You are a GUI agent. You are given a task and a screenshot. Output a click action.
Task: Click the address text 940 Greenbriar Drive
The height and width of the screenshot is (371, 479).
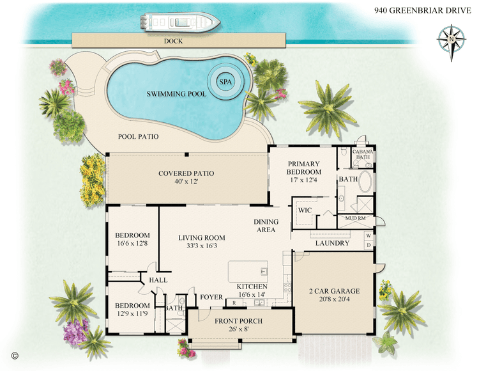point(423,10)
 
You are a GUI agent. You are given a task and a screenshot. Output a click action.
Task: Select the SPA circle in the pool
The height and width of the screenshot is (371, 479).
point(225,82)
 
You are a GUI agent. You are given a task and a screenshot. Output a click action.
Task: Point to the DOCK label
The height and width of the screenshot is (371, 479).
point(173,40)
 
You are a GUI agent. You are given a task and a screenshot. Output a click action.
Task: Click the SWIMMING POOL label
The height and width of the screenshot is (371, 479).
point(176,94)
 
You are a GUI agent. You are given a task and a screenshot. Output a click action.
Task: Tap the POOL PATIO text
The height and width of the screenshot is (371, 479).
point(138,137)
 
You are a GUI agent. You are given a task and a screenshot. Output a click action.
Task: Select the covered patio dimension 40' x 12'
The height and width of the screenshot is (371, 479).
point(186,182)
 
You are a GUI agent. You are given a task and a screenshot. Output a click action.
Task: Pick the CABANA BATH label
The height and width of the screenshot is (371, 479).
point(363,154)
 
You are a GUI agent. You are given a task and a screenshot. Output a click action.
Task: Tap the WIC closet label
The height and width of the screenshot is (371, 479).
point(303,209)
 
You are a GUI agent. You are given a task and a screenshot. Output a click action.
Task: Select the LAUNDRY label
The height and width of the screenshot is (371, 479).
point(333,243)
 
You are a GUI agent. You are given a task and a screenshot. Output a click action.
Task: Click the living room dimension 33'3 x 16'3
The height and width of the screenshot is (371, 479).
point(201,246)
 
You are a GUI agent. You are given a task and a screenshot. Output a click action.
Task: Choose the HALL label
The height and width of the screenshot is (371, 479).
point(158,280)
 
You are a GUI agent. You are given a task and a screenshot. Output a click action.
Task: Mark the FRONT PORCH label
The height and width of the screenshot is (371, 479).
point(238,320)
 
